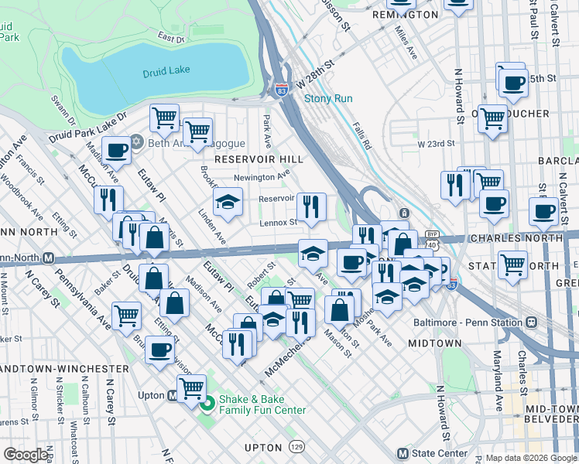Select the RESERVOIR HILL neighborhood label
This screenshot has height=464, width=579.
(259, 159)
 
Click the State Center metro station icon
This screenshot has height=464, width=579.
(401, 453)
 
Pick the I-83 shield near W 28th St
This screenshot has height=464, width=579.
(280, 90)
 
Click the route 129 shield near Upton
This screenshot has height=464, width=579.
(296, 447)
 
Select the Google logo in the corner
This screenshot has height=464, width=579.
(26, 454)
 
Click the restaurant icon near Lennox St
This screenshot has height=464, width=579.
(311, 207)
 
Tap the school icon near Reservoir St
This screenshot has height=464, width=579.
(227, 203)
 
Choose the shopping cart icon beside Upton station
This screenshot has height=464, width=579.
(191, 387)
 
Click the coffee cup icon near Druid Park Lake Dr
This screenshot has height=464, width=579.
(116, 150)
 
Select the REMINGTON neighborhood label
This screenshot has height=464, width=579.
(405, 15)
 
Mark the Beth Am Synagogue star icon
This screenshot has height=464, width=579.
(137, 142)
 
